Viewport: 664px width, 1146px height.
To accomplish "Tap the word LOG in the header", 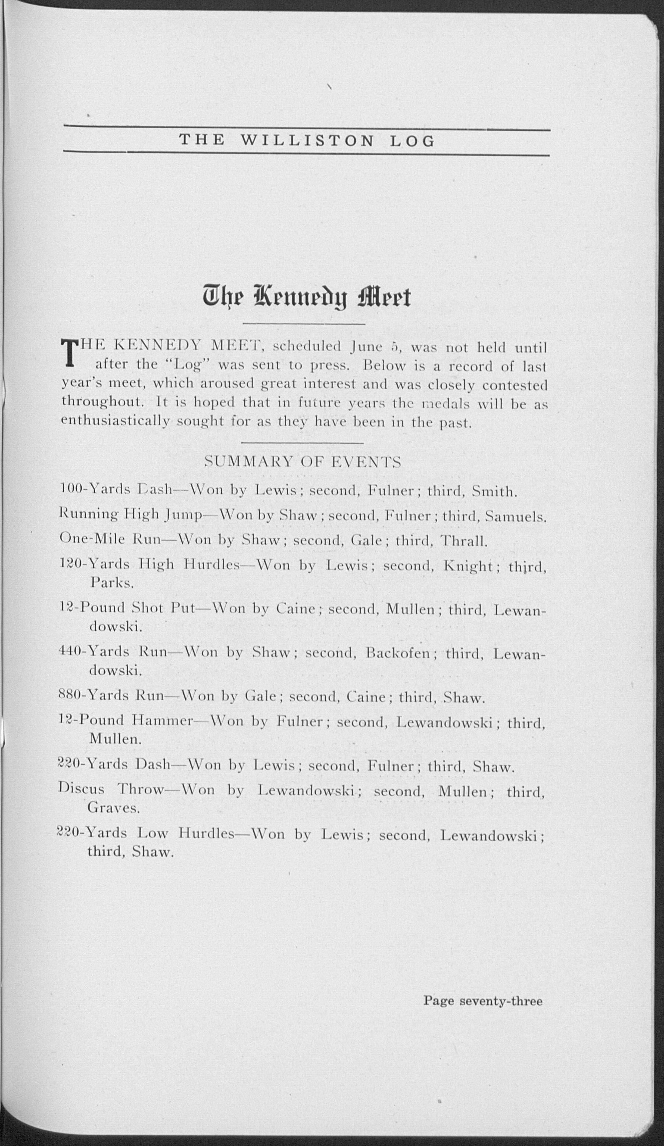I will pos(412,141).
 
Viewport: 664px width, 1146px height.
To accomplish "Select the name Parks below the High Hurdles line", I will pos(112,583).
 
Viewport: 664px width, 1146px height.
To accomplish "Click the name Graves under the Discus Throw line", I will pos(113,808).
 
